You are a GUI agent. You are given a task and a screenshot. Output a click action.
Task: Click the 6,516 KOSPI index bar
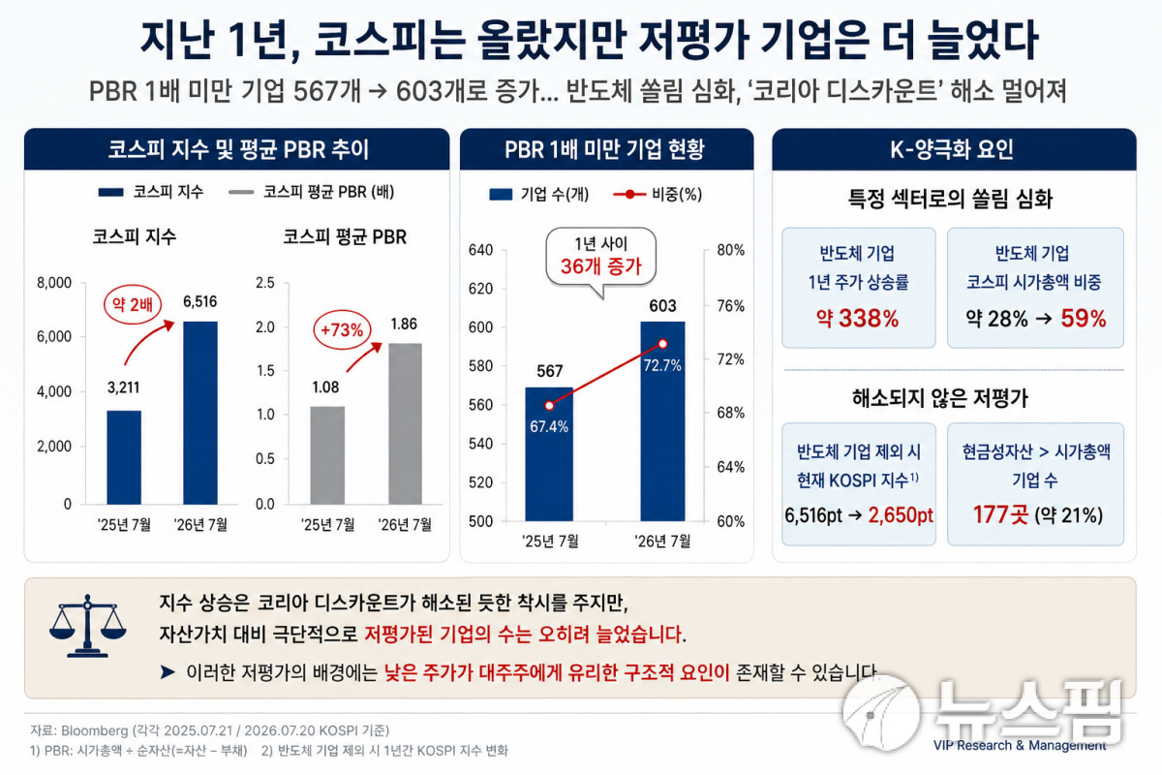pos(200,413)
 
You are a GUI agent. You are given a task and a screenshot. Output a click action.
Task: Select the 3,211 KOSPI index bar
pos(124,457)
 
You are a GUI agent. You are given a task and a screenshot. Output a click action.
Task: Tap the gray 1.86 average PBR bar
pos(405,423)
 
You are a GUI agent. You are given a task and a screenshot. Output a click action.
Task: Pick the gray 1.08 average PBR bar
pos(327,455)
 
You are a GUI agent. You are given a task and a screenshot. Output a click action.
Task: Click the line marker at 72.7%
pos(662,344)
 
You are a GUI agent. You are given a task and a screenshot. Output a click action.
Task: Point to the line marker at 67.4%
pos(549,405)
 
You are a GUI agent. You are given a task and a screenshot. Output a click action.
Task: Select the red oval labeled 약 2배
pos(133,304)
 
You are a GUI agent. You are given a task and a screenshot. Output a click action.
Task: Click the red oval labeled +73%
pos(342,330)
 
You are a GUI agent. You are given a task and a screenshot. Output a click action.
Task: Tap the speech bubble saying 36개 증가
pos(601,259)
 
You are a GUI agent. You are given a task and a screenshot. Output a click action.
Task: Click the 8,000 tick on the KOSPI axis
pos(54,283)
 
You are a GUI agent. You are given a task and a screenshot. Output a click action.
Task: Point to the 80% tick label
pos(730,250)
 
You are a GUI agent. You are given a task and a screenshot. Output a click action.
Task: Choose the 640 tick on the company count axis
pos(480,250)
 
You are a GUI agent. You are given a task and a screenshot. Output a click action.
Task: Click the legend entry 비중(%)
pos(657,195)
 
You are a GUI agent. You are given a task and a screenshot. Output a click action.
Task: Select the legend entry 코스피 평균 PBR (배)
pos(311,192)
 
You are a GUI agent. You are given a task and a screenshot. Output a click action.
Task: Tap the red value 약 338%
pos(858,318)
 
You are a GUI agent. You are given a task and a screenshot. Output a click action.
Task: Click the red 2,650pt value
pos(901,515)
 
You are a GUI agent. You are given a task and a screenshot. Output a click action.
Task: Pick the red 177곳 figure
pos(1000,515)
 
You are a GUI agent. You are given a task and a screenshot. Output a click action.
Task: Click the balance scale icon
pos(88,626)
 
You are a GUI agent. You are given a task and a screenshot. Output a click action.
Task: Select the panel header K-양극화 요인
pos(952,149)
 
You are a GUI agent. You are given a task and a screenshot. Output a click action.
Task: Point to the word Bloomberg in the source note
pos(95,730)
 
